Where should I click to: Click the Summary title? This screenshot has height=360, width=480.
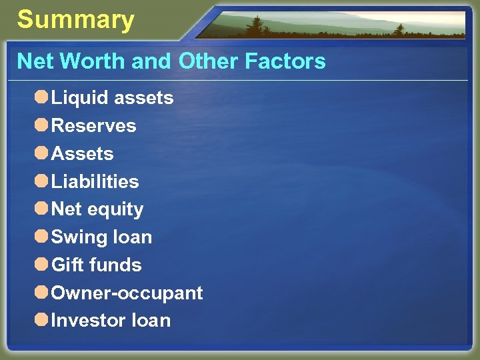point(75,21)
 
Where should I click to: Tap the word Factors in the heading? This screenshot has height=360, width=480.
point(285,62)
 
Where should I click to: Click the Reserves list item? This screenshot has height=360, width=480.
point(93,126)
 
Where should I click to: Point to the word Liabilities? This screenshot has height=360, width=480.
point(95,181)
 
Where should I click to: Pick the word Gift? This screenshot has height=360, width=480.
point(67,265)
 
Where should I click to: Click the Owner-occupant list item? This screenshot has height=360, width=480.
point(127,293)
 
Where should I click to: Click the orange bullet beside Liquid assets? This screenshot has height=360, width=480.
point(41,98)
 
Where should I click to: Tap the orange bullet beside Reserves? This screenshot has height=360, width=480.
point(41,125)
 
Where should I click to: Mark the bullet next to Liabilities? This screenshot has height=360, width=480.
point(41,181)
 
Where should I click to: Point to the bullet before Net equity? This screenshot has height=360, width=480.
point(41,209)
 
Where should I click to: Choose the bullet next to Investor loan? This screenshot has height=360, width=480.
point(41,320)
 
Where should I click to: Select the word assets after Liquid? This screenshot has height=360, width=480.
point(143,99)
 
